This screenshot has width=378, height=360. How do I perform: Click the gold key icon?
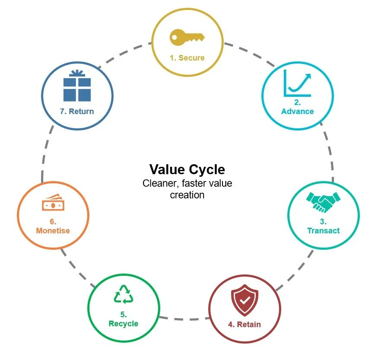pyautogui.click(x=187, y=38)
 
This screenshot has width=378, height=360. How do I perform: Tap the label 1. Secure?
pyautogui.click(x=187, y=57)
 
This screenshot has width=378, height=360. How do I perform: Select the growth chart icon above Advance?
pyautogui.click(x=298, y=83)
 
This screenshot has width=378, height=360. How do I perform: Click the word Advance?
pyautogui.click(x=298, y=112)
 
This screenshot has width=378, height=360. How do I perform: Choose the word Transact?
pyautogui.click(x=324, y=231)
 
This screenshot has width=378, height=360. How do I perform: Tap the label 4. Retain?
pyautogui.click(x=245, y=324)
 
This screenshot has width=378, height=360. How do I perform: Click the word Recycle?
pyautogui.click(x=124, y=324)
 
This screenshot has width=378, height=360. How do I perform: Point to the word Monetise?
pyautogui.click(x=53, y=231)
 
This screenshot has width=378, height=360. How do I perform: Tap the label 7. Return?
pyautogui.click(x=77, y=112)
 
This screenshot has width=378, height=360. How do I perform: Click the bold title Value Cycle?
pyautogui.click(x=187, y=169)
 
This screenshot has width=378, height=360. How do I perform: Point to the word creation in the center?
pyautogui.click(x=187, y=195)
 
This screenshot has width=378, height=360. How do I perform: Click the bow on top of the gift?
pyautogui.click(x=77, y=73)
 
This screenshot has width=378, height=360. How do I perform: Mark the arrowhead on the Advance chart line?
pyautogui.click(x=308, y=76)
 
